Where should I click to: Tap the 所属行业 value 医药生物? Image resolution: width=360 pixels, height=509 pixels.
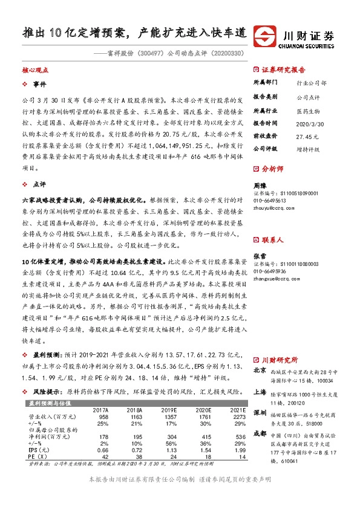click(x=306, y=109)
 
